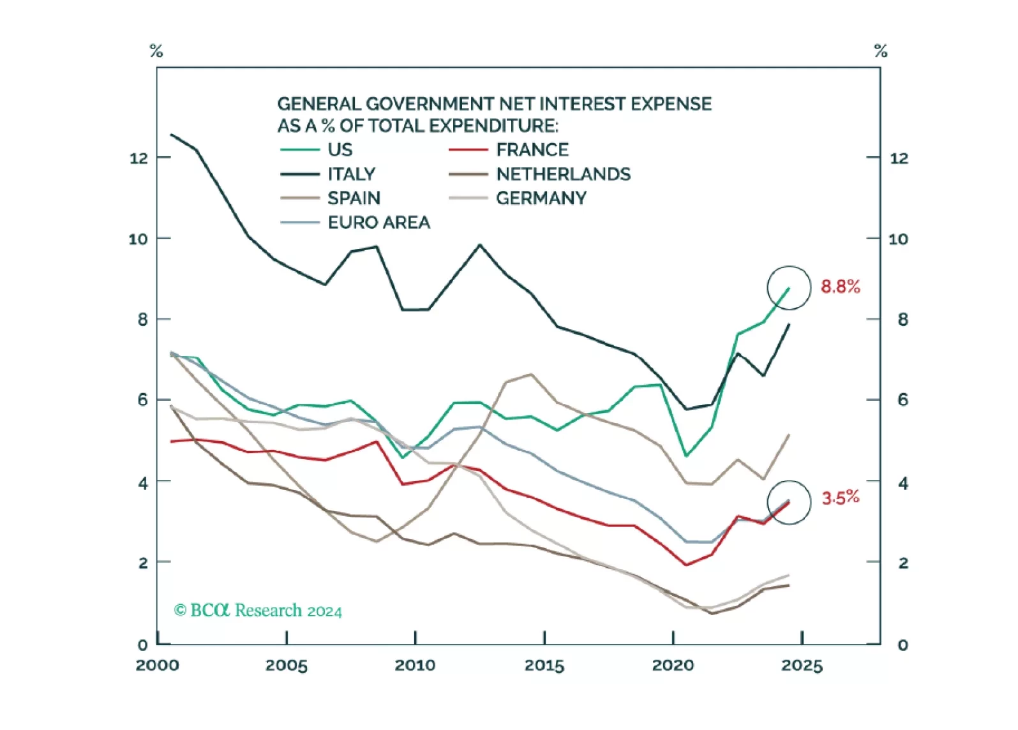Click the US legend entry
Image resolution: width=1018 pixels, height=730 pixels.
pyautogui.click(x=340, y=150)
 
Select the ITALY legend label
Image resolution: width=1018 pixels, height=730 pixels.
pyautogui.click(x=351, y=174)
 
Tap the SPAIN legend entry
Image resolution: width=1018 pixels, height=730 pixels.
pyautogui.click(x=354, y=198)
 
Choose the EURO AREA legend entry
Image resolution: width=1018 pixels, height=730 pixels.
pyautogui.click(x=378, y=223)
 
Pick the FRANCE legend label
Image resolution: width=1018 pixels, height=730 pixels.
pyautogui.click(x=532, y=150)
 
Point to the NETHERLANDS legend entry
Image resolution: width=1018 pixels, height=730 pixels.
pyautogui.click(x=563, y=174)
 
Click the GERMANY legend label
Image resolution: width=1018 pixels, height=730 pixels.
pyautogui.click(x=541, y=198)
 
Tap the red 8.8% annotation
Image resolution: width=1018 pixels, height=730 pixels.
pyautogui.click(x=840, y=287)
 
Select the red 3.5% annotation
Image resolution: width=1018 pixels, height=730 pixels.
pyautogui.click(x=840, y=498)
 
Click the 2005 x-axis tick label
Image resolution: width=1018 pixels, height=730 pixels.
pyautogui.click(x=286, y=666)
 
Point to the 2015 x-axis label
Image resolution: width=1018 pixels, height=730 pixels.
pyautogui.click(x=544, y=666)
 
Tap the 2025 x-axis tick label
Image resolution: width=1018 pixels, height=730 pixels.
pyautogui.click(x=802, y=666)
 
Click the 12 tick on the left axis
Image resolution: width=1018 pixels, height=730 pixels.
pyautogui.click(x=138, y=158)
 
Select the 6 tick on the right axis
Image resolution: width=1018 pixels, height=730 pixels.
pyautogui.click(x=902, y=400)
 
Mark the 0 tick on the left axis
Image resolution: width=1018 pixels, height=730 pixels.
pyautogui.click(x=142, y=645)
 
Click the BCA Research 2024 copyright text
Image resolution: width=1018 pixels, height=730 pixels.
pyautogui.click(x=258, y=611)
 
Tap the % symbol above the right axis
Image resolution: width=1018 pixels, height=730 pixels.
pyautogui.click(x=881, y=51)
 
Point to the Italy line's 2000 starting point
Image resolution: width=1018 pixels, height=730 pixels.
pyautogui.click(x=171, y=135)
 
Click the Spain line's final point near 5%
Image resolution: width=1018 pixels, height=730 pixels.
pyautogui.click(x=790, y=435)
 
